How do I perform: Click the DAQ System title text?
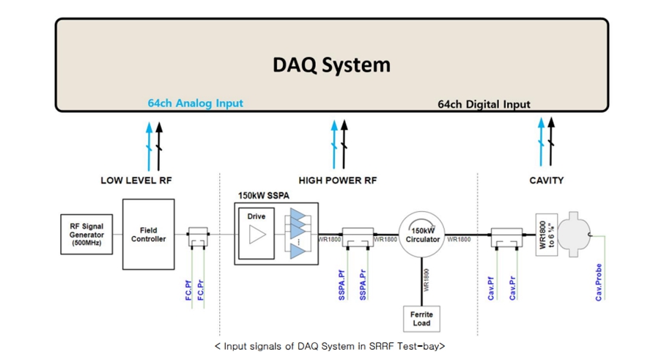pos(331,65)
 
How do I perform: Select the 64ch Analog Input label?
pos(195,103)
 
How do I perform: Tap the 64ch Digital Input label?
pos(484,104)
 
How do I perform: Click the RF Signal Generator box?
pos(87,235)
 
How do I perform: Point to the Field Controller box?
pos(148,235)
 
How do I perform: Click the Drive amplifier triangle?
pos(257,235)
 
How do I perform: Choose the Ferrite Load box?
pos(421,317)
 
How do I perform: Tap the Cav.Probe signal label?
pos(599,282)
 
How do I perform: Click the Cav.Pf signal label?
pos(491,286)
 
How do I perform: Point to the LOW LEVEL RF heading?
pos(136,180)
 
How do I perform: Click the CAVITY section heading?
pos(546,180)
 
